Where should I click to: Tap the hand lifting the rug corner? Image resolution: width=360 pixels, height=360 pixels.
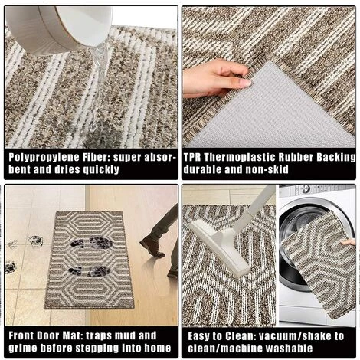coord(215,77)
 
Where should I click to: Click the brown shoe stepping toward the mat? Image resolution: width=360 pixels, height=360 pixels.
coord(152,245)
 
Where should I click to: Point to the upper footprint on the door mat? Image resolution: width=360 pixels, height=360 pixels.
coord(90,243)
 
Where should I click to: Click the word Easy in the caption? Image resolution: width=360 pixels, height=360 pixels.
coord(201,335)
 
